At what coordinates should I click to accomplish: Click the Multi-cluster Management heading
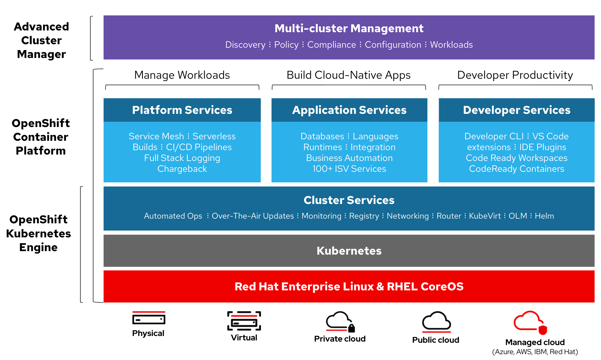[x=349, y=28]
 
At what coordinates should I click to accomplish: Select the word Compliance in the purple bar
[x=332, y=44]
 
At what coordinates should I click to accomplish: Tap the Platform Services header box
[x=182, y=110]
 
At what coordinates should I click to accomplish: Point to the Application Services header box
[x=349, y=110]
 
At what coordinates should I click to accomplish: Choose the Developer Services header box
[x=517, y=110]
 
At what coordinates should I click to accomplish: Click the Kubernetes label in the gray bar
[x=349, y=251]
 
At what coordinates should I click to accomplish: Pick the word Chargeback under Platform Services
[x=182, y=169]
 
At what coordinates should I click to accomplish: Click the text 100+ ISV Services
[x=349, y=169]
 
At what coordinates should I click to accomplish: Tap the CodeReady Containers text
[x=517, y=169]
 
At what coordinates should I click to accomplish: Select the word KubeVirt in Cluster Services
[x=485, y=216]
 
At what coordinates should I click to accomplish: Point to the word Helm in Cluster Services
[x=544, y=216]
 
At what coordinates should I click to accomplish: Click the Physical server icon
[x=149, y=318]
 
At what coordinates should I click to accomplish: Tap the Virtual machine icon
[x=244, y=321]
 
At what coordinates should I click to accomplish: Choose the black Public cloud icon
[x=436, y=322]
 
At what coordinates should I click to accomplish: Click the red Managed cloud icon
[x=530, y=323]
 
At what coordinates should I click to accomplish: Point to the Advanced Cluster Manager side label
[x=41, y=40]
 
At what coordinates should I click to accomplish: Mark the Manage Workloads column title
[x=182, y=75]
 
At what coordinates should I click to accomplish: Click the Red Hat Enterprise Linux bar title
[x=349, y=287]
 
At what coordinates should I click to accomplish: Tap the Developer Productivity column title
[x=515, y=75]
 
